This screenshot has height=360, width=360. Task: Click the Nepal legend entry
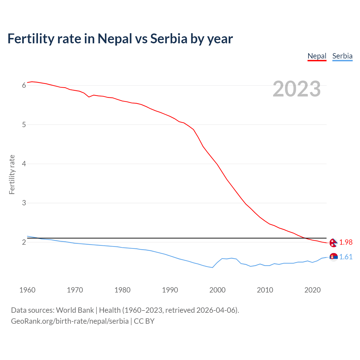point(317,56)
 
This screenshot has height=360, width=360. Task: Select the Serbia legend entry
point(342,56)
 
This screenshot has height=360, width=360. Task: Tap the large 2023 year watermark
point(297,89)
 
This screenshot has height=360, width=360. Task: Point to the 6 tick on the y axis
point(24,85)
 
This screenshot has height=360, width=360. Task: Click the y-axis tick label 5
point(24,125)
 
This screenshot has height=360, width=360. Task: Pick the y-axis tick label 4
point(24,164)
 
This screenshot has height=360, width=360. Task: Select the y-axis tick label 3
point(24,203)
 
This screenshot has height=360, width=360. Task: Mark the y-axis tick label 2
point(24,242)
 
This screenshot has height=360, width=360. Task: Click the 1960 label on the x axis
point(27,290)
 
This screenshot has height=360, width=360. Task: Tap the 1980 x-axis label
point(122,290)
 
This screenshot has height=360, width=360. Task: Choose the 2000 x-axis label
point(217,290)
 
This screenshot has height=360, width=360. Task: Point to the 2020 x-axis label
point(312,290)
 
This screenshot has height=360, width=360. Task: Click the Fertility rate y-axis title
point(12,174)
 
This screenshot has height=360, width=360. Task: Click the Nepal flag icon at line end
point(333,242)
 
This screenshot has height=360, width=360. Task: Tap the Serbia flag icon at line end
point(333,257)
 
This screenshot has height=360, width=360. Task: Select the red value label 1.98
point(346,242)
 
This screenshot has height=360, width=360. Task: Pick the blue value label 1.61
point(346,257)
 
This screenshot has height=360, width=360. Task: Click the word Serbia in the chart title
point(169,39)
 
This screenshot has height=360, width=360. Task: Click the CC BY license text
point(144,321)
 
